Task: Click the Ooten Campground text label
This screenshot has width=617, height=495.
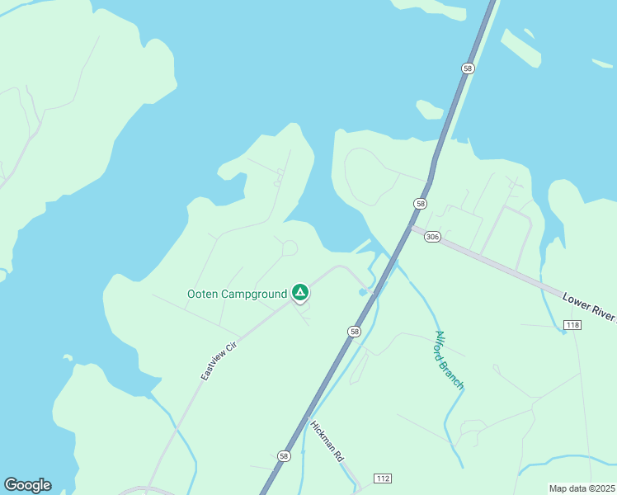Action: (237, 295)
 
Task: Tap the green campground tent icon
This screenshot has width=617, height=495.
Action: (300, 292)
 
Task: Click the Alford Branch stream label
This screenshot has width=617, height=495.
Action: (450, 360)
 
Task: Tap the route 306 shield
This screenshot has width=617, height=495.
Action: (433, 237)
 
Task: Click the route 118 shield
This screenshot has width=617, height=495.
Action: (573, 327)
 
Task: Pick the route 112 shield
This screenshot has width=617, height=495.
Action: (382, 478)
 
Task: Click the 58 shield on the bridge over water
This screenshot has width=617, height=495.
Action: (468, 68)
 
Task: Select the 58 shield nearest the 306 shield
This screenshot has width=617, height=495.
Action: (421, 203)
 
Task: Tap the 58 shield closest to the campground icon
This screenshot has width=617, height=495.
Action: (354, 331)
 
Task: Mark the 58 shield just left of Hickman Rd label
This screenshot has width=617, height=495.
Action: (284, 455)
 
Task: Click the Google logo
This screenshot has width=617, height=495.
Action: (27, 485)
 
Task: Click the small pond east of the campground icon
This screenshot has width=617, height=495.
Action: (363, 292)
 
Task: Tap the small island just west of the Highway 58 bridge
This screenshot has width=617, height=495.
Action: (430, 110)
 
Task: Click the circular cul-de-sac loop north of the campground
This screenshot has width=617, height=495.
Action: (289, 247)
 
